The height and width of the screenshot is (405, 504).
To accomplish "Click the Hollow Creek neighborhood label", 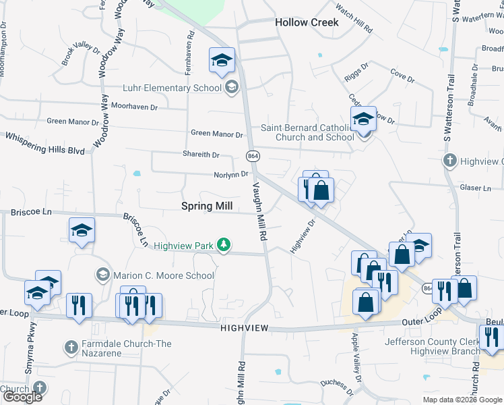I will click(307, 22).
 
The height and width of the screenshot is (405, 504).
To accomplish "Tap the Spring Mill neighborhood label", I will click(207, 207).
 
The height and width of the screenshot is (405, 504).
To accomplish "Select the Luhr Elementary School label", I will click(172, 88).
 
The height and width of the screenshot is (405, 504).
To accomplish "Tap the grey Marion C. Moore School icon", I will click(102, 275).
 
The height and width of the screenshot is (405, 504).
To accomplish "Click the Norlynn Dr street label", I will click(213, 174).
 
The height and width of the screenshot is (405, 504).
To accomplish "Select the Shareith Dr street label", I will click(201, 155).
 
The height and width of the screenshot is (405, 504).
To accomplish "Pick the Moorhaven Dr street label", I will click(134, 107).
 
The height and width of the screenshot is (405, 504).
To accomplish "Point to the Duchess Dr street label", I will click(337, 386).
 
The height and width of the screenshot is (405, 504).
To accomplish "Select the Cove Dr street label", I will click(403, 78).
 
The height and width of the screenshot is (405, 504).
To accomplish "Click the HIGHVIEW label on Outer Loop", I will click(244, 327).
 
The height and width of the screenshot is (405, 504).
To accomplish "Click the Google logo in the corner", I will click(22, 397).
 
